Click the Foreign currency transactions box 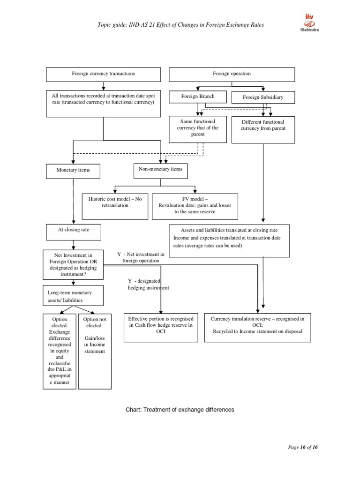[103, 74]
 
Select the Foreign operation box [232, 74]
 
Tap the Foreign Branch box [198, 97]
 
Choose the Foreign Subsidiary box [263, 97]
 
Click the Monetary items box [73, 171]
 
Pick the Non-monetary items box [161, 170]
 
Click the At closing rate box [73, 231]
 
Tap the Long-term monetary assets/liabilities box [73, 296]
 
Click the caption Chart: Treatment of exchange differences [180, 409]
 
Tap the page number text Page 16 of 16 [303, 448]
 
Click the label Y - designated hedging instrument [148, 284]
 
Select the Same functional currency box [198, 129]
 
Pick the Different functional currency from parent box [263, 129]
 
